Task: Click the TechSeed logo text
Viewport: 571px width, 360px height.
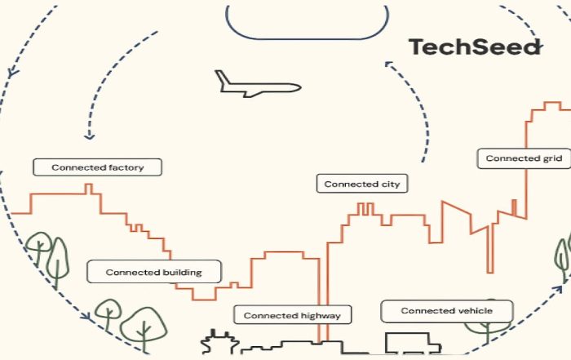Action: tap(474, 47)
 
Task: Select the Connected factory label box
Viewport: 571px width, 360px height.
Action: tap(98, 167)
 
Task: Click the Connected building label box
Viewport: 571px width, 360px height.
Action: tap(155, 272)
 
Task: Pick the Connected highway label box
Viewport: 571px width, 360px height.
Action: tap(292, 314)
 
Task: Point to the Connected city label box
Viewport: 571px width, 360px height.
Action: tap(362, 184)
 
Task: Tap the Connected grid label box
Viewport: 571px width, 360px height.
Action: tap(524, 158)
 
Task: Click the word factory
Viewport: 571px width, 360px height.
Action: tap(126, 167)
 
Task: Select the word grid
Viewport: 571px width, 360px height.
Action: tap(552, 158)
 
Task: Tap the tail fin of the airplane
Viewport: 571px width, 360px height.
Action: tap(221, 77)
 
